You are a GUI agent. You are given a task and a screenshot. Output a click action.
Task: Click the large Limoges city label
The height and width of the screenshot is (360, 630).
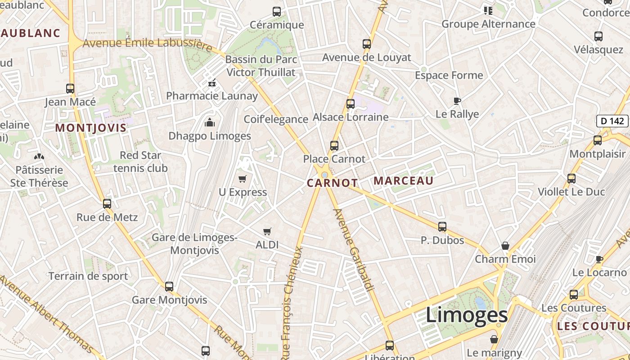pos(467,315)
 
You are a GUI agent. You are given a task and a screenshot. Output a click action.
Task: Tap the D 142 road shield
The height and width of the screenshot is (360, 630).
pos(612,121)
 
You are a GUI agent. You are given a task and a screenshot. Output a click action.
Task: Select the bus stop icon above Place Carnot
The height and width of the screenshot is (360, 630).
pos(334,146)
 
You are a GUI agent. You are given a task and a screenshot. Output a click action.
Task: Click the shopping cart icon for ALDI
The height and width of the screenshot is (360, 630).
pos(267,231)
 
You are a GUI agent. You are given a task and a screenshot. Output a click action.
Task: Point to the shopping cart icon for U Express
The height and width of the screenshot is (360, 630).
pos(243,179)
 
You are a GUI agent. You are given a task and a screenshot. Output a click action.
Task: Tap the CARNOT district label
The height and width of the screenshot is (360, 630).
pos(332,183)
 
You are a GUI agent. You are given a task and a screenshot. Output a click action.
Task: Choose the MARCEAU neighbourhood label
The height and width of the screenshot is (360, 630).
pos(403,181)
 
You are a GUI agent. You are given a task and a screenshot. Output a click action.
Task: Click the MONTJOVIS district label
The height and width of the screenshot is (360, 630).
pos(91,128)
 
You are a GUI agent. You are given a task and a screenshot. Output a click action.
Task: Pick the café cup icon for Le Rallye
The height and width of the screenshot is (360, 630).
pos(457,101)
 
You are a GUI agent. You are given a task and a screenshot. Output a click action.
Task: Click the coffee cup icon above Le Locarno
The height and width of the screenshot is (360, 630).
pos(599,259)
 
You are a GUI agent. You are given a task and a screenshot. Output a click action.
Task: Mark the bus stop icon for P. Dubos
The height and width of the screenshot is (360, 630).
pos(442,227)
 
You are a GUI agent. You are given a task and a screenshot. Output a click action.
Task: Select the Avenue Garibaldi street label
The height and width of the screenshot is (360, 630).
pos(354,250)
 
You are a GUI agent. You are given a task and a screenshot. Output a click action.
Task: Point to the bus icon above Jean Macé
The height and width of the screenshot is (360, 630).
pos(70,89)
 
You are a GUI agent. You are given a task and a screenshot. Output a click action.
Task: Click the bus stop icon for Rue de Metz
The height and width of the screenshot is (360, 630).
pos(107,204)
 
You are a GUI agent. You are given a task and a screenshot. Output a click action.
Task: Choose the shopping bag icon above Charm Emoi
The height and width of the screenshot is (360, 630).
pos(505,246)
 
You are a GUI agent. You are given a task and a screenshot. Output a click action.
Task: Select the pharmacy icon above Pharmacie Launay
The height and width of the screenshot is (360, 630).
pos(212,83)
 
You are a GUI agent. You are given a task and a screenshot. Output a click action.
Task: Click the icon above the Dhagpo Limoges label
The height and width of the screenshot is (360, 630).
pos(210,122)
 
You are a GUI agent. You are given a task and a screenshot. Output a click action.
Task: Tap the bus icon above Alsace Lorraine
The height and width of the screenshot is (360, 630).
pos(351,104)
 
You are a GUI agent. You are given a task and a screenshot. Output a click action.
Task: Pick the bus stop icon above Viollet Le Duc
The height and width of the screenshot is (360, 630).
pos(571,179)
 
